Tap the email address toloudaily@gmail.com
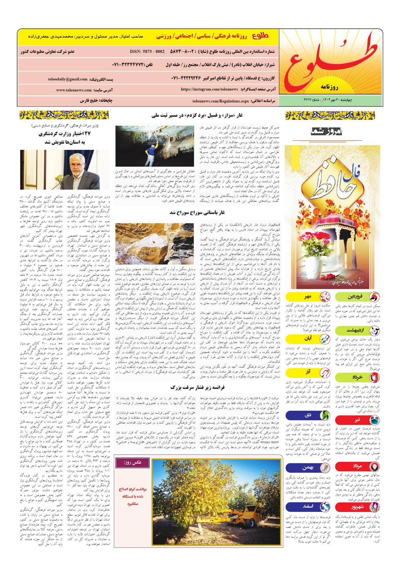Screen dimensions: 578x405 pyautogui.click(x=67, y=80)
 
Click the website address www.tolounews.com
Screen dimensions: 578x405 pyautogui.click(x=74, y=90)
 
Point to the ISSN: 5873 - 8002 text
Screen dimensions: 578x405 pyautogui.click(x=147, y=51)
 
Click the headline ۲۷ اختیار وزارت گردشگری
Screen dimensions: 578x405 pyautogui.click(x=66, y=134)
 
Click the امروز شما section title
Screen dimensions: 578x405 pyautogui.click(x=328, y=132)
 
